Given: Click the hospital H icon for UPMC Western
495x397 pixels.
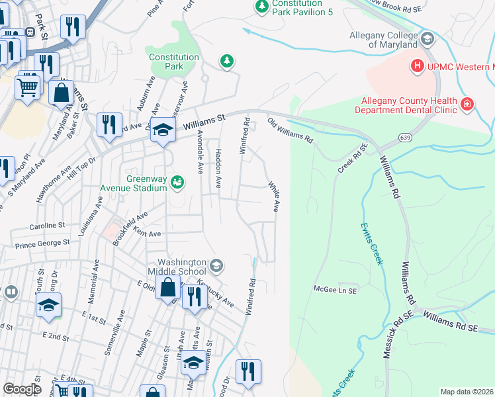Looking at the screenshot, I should tap(417, 66).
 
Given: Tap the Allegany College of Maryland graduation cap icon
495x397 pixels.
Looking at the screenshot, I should tap(426, 38).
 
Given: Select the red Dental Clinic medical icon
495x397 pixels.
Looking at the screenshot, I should tap(467, 105).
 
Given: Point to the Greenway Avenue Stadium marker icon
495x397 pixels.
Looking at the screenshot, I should tap(177, 181).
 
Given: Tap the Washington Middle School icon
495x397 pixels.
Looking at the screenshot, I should tap(215, 266).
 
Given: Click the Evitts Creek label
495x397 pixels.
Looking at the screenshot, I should tap(372, 243).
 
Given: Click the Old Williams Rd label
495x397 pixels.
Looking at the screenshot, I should tap(290, 130).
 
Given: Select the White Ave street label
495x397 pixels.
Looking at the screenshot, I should tap(273, 197).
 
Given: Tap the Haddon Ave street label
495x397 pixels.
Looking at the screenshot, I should tap(217, 168).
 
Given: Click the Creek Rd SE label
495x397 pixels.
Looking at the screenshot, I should tap(353, 158).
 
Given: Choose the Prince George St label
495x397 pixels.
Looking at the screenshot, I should tap(42, 243).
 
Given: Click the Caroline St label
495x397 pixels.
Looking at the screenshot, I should tap(45, 226).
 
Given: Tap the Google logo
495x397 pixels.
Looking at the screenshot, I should tap(22, 389).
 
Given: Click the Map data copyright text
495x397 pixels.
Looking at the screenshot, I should tap(467, 392).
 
